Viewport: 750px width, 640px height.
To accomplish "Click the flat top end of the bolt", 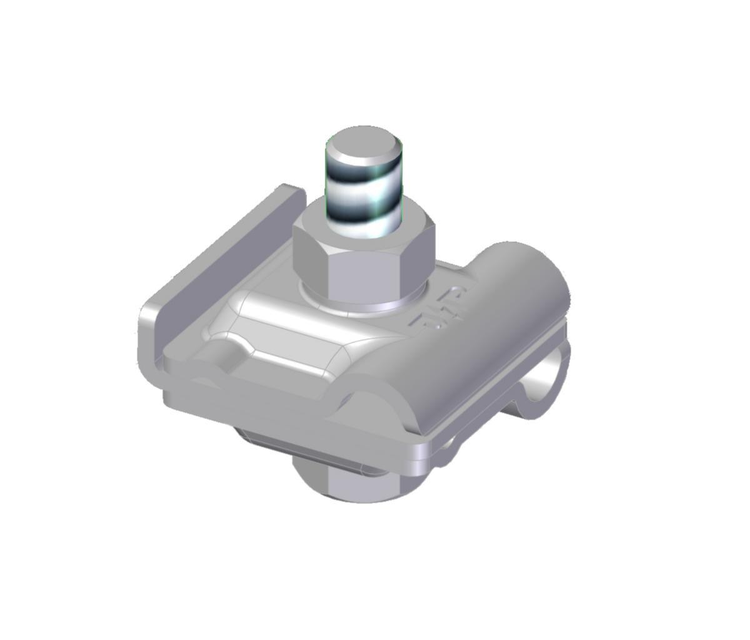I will pos(364,145).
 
